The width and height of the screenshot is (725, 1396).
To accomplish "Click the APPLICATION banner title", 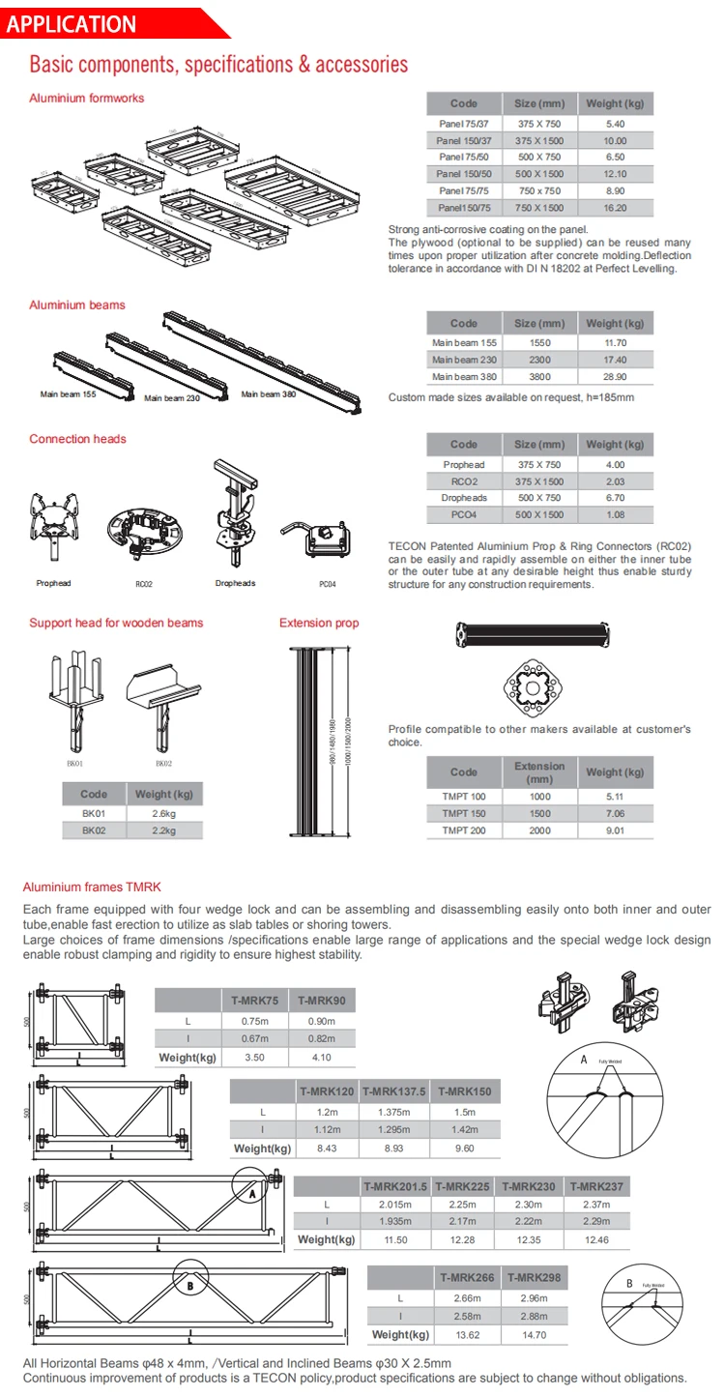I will pos(72,24).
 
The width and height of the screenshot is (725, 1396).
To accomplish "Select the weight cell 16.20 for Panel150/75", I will pos(615,207).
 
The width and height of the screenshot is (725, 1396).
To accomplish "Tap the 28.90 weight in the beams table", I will pos(615,376).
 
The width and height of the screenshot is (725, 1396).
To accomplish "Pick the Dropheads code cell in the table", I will pos(464,498).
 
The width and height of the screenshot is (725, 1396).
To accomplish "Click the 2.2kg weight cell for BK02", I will pos(164,830).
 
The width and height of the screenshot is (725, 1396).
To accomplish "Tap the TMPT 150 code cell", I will pos(464,813).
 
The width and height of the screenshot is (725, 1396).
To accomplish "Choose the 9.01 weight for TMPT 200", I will pos(615,829).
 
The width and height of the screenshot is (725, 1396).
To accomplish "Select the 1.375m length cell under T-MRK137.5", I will pos(393,1113).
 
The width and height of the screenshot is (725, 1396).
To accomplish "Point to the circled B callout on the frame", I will pos(189,1286).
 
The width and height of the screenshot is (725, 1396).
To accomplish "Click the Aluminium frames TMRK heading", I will pos(92,887).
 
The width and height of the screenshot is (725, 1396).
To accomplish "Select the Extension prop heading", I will pos(319,623).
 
